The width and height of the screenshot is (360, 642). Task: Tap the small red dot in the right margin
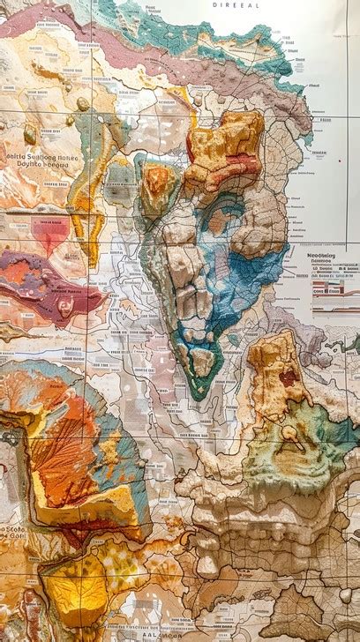pos(339,160)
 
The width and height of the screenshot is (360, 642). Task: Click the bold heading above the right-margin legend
pos(331,258)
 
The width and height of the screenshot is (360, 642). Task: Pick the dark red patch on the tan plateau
pos(289,377)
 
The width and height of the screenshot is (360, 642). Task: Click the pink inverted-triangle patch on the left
pos(49,231)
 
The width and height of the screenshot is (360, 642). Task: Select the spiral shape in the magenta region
pos(65,305)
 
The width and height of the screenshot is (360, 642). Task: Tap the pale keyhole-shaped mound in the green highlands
pos(290,437)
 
